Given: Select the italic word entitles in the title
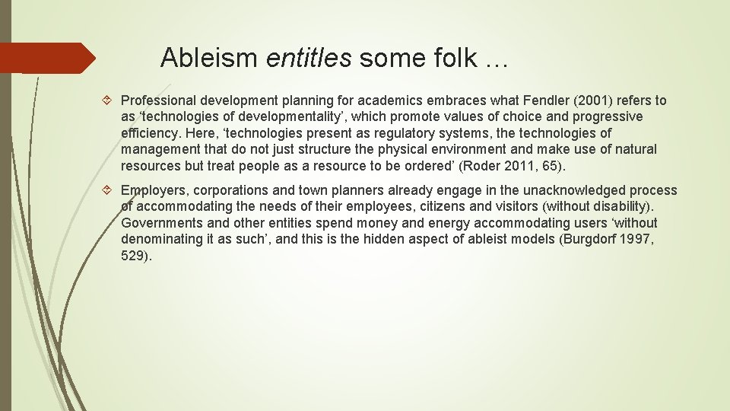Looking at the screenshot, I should (x=309, y=58).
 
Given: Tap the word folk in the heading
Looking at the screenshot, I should (x=452, y=58).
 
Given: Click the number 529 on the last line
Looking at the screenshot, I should (x=132, y=256).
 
